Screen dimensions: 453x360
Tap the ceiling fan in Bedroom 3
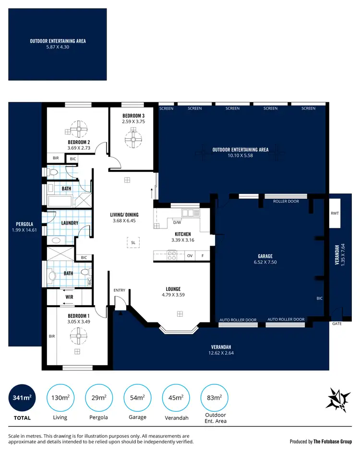pos(131,139)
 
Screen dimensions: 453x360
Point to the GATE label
pos(337,324)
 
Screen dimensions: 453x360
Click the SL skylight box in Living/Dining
pos(133,243)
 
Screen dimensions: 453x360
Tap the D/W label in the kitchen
pos(177,222)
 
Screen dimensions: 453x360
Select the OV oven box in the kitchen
pos(190,256)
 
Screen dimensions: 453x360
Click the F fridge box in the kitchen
pos(203,256)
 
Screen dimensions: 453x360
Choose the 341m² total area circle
pos(22,397)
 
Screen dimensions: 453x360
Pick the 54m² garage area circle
pos(138,397)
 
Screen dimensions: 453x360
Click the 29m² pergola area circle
pos(99,397)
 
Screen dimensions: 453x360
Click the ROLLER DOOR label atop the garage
pos(286,202)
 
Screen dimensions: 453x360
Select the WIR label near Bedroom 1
pos(68,297)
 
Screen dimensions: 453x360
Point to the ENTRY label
pos(119,290)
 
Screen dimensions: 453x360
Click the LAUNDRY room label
pos(70,223)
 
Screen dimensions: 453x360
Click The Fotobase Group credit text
pos(333,441)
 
